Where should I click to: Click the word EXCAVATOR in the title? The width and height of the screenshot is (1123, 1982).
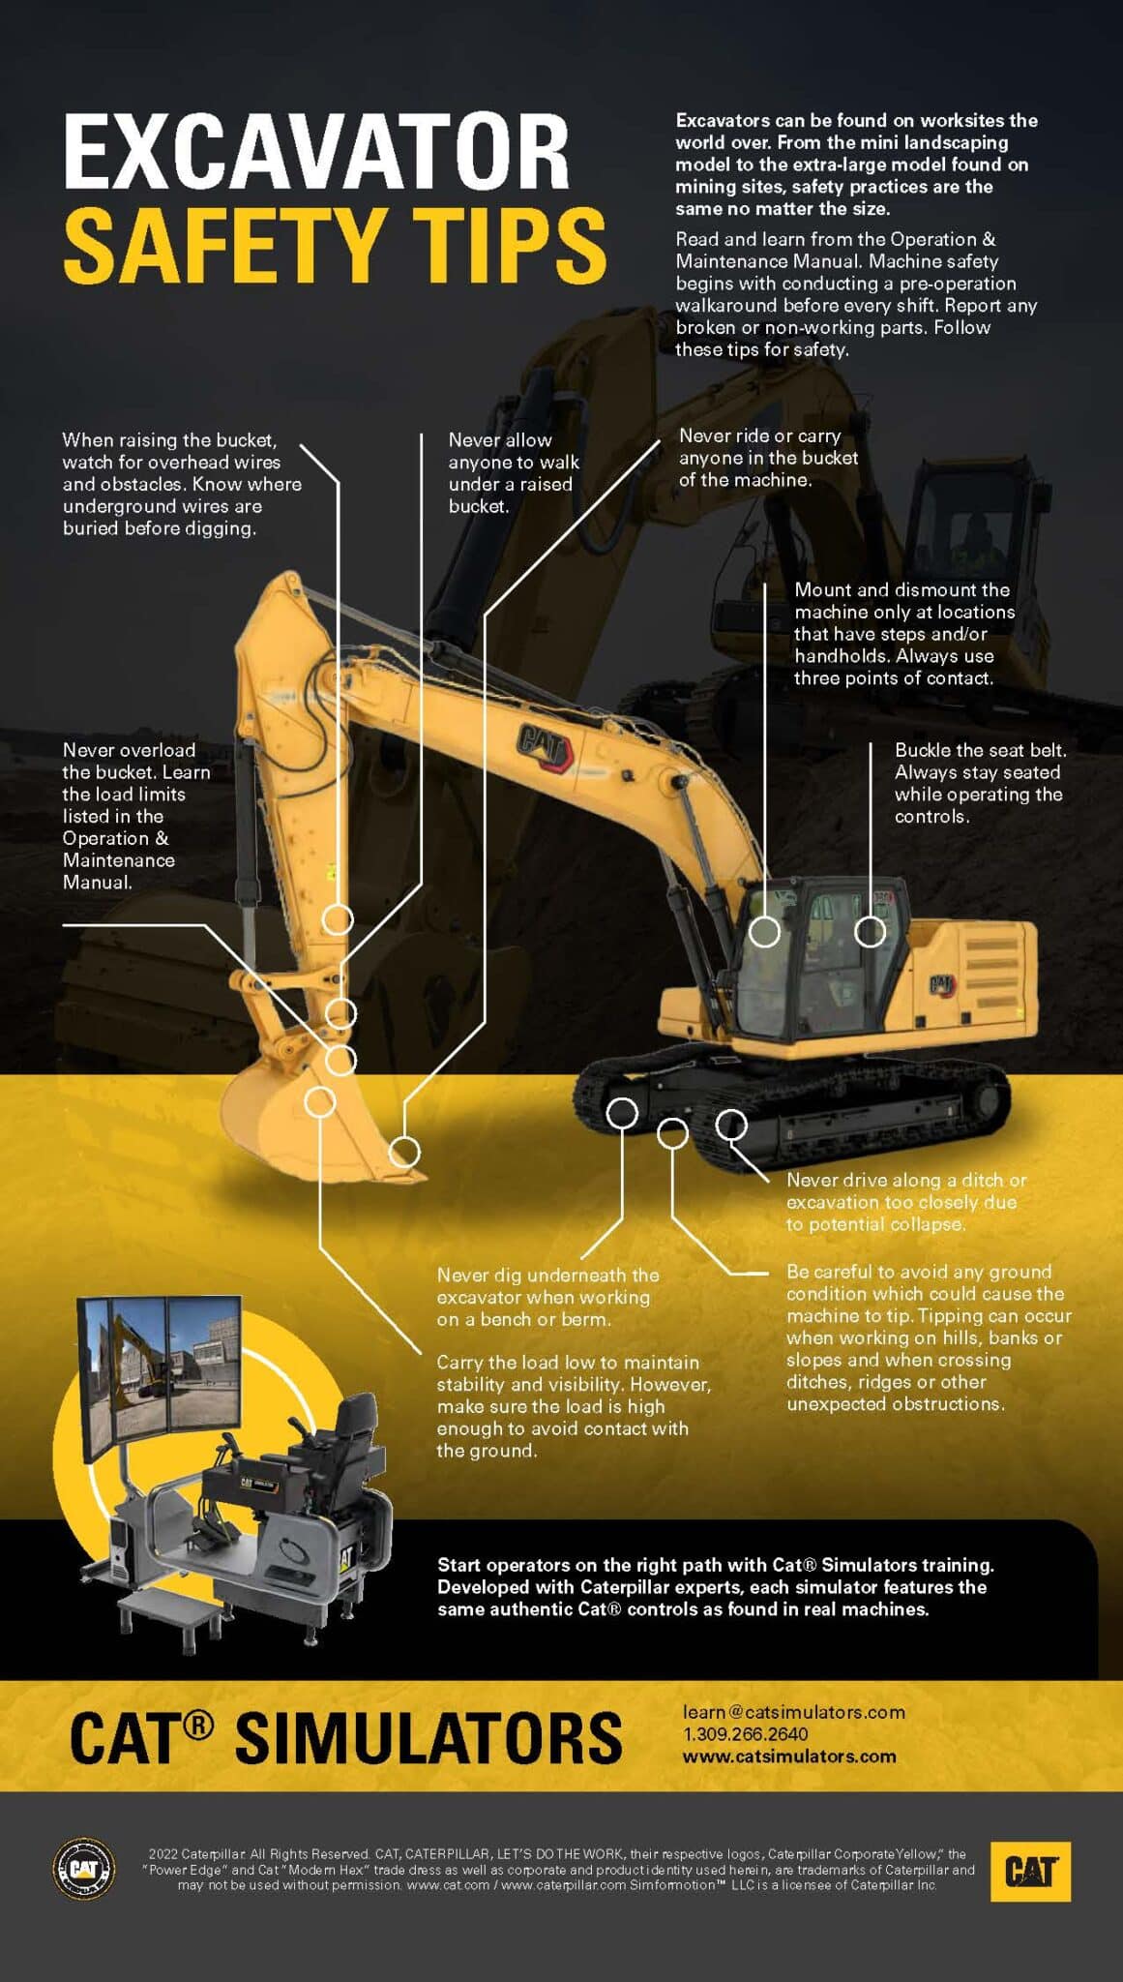point(316,152)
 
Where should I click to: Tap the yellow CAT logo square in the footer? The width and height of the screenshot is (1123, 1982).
point(1030,1871)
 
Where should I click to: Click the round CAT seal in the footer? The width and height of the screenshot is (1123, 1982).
point(83,1868)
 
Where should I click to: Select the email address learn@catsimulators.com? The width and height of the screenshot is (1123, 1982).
point(793,1712)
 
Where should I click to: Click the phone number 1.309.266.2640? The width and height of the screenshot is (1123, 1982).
point(745,1734)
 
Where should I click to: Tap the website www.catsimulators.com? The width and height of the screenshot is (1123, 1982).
point(789,1757)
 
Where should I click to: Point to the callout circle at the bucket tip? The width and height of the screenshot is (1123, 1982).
point(404,1152)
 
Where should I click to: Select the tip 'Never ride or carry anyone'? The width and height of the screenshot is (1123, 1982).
point(768,458)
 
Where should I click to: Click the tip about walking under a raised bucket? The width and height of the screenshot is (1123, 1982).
point(513,473)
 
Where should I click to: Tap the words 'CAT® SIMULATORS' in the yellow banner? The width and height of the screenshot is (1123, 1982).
point(345,1737)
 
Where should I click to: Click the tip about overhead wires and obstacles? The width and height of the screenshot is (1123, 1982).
point(182,484)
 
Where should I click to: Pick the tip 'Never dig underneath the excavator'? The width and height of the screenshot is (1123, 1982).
point(547,1297)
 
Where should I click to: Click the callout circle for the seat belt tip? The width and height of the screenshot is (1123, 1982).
point(870,931)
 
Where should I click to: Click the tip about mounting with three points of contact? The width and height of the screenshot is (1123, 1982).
point(903,634)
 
